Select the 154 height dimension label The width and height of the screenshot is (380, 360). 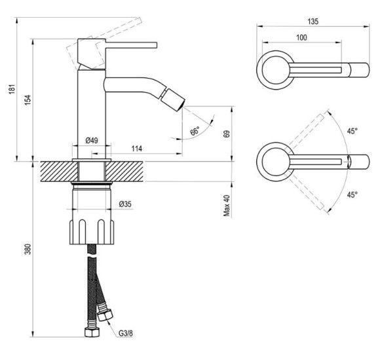coord(28,99)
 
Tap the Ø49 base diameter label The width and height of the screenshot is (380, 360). coord(92,139)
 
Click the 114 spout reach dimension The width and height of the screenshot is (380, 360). coord(136,149)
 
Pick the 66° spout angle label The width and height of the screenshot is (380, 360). coord(195,132)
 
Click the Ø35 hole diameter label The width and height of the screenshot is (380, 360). coord(125,204)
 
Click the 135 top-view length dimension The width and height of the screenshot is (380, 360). coord(313,22)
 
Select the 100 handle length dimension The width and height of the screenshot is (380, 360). coord(301,37)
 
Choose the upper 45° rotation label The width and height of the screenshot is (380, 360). coord(352,132)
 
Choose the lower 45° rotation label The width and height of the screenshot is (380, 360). coord(352,194)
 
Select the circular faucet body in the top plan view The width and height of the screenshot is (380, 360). coord(270,69)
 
